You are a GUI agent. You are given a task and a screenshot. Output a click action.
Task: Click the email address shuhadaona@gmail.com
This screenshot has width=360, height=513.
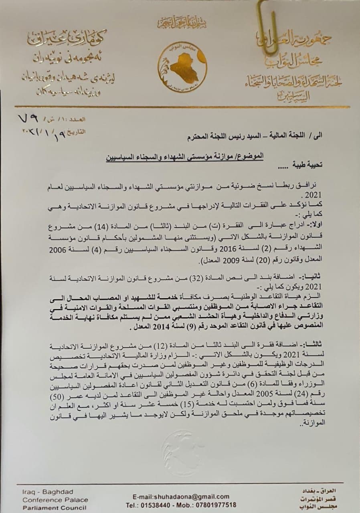point(178,496)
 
